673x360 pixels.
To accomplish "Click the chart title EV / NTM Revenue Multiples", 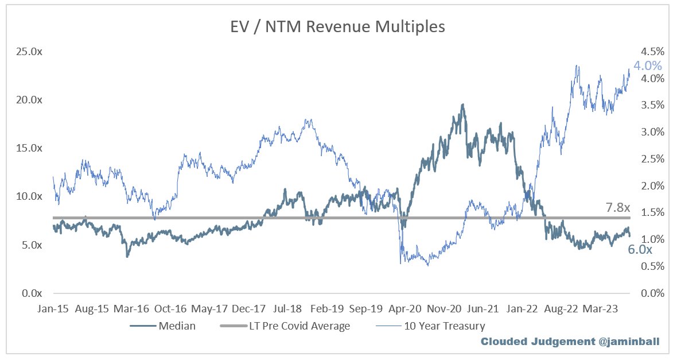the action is coord(337,26).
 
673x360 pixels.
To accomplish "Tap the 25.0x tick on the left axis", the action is coord(29,52).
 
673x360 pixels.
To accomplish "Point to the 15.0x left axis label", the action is coord(29,148).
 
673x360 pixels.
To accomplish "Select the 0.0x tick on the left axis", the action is coord(32,293).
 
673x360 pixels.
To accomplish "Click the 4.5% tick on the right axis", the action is coord(652,52).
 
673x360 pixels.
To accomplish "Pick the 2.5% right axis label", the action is coord(652,159).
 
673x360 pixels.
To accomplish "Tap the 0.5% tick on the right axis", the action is coord(652,266).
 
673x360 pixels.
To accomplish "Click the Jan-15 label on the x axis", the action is coord(53,309).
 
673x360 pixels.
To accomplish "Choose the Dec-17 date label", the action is coord(248,309).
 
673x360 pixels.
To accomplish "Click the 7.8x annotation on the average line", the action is coord(617,207).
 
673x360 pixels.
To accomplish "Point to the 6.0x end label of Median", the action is coord(640,250).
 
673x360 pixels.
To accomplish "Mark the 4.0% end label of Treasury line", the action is coord(648,65).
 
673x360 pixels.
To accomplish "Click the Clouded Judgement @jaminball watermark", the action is coord(570,342).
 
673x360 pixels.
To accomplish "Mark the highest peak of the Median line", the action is coord(462,104).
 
